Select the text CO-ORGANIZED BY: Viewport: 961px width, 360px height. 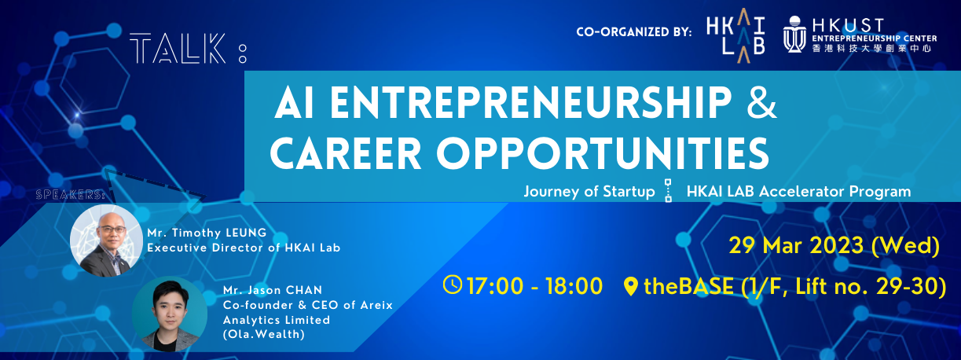pyautogui.click(x=633, y=32)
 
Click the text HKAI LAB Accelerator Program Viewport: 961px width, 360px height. pyautogui.click(x=798, y=191)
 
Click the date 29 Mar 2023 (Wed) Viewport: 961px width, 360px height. pyautogui.click(x=834, y=246)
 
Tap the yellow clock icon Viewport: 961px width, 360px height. pyautogui.click(x=453, y=285)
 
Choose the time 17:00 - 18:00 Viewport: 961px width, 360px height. pyautogui.click(x=534, y=285)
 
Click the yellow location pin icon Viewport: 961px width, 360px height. pyautogui.click(x=631, y=286)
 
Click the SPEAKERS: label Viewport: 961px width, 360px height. pyautogui.click(x=71, y=191)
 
